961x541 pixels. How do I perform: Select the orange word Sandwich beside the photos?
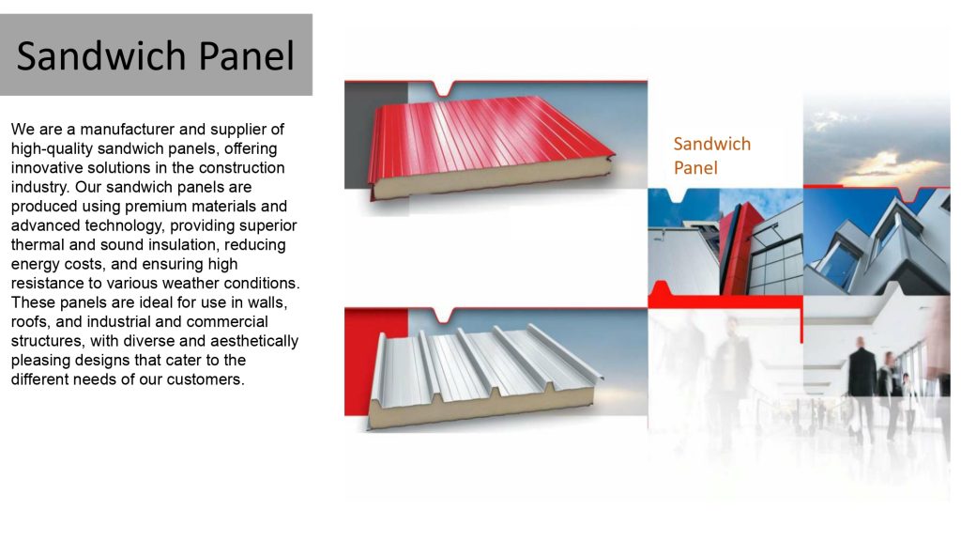click(x=711, y=144)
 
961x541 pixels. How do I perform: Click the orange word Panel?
click(x=695, y=168)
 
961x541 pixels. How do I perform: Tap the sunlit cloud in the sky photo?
click(x=882, y=164)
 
